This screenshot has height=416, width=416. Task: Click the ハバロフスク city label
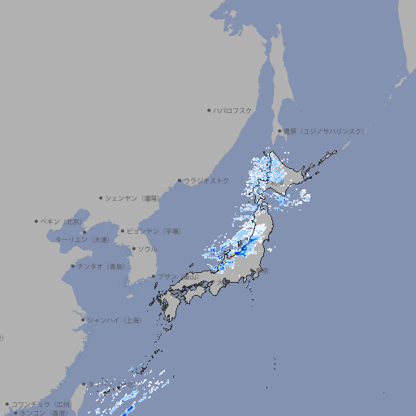tap(233, 110)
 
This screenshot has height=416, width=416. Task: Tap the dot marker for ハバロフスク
tap(209, 110)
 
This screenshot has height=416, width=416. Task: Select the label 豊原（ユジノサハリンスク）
tap(324, 131)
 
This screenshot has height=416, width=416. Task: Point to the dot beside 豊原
tap(279, 131)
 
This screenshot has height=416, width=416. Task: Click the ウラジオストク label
tap(206, 180)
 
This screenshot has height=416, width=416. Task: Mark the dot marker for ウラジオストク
tap(180, 180)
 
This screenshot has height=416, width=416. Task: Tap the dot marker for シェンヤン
tap(102, 197)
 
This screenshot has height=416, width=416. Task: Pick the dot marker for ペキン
tap(37, 221)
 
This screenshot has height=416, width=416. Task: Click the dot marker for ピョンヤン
tap(123, 231)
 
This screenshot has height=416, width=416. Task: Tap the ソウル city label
tap(147, 249)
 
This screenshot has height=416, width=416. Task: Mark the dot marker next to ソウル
tap(132, 249)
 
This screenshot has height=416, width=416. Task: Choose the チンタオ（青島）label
tap(101, 266)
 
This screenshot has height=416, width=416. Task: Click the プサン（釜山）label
tap(178, 277)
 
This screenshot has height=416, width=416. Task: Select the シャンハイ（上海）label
tap(115, 320)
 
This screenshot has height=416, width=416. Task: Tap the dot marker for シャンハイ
tap(83, 320)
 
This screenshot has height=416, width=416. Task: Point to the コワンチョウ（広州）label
tap(41, 404)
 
